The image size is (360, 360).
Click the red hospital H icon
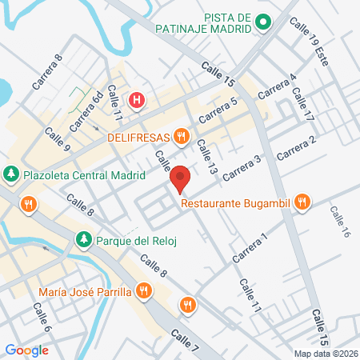pos(138,100)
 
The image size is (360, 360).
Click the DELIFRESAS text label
pos(140,136)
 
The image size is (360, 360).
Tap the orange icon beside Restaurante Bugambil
pos(302,202)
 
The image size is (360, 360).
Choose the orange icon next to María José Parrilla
pos(144,290)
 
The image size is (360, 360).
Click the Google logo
pos(26,350)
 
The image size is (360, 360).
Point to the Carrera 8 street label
pos(46,71)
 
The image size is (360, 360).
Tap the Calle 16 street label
pos(340,221)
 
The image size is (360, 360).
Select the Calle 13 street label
pos(206,158)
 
